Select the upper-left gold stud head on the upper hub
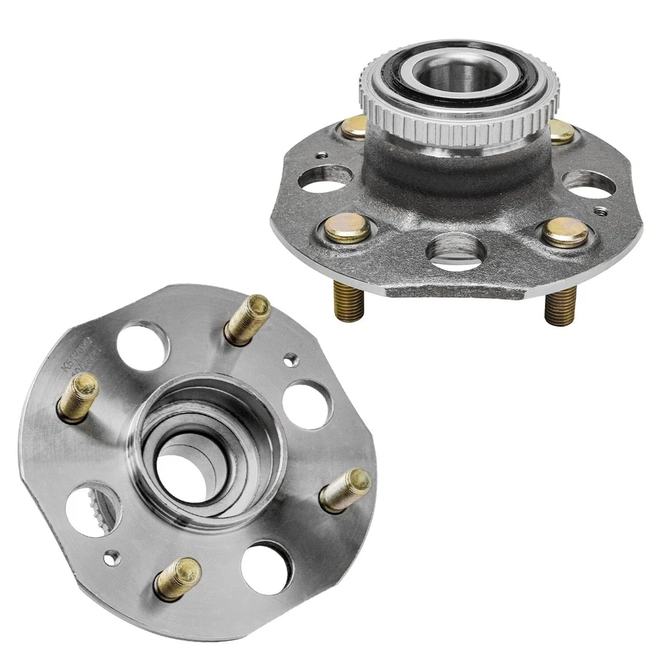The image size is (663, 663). coord(354,128)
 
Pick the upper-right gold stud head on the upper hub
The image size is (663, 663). coord(561,131)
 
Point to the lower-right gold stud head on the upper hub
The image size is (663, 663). coord(565,232)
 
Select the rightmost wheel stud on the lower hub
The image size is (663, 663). coord(347,489)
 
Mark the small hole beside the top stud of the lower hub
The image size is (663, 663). coord(291,358)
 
